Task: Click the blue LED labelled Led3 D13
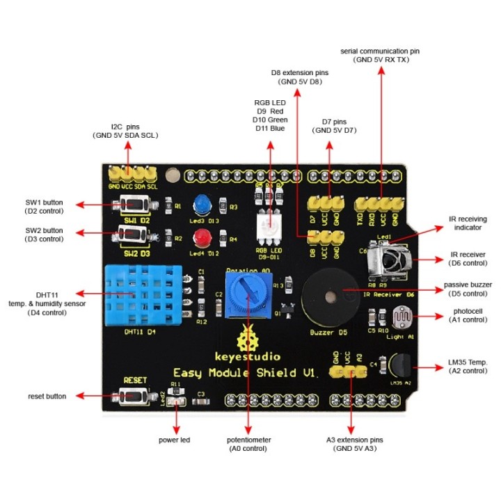click(202, 204)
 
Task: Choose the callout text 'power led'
click(175, 440)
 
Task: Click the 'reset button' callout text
click(47, 396)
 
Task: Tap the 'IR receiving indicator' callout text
click(467, 223)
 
